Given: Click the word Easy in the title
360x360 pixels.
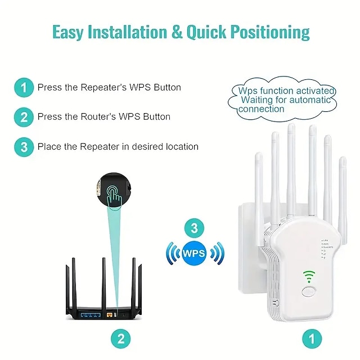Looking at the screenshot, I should (x=68, y=32).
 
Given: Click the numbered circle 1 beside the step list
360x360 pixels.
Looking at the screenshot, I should (x=24, y=87).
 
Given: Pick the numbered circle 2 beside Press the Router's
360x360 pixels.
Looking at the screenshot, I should (x=24, y=117).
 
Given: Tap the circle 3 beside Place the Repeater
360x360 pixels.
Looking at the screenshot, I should (x=24, y=147).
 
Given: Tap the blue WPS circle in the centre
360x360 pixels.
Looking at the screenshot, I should (x=193, y=253).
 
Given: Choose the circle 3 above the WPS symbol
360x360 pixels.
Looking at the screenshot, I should (x=194, y=228).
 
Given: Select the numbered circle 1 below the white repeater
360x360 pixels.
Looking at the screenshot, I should (x=309, y=339).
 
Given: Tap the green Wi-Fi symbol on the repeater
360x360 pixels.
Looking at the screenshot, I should (x=308, y=276).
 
